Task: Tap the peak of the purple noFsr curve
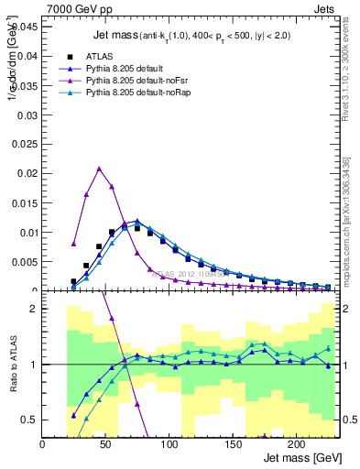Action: pos(99,169)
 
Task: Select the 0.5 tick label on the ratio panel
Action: pos(29,420)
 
